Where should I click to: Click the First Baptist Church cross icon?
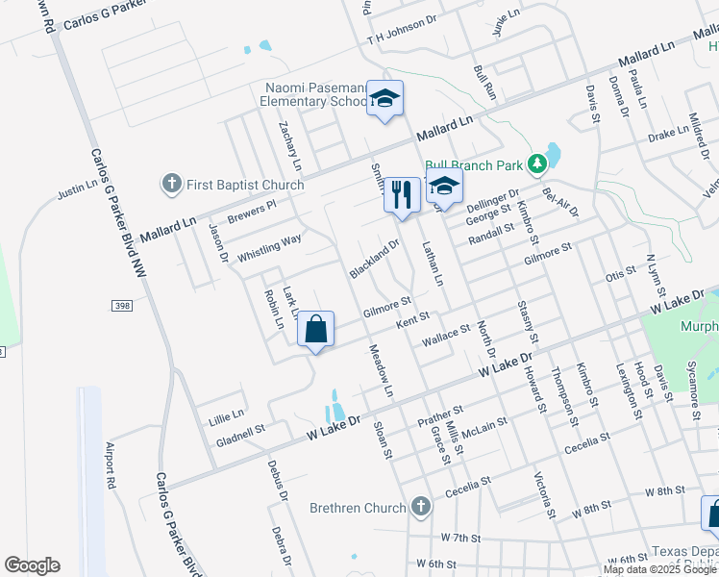(172, 184)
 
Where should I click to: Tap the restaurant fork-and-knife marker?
(402, 195)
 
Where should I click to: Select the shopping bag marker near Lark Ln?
(315, 330)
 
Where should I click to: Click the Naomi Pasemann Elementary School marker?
(384, 99)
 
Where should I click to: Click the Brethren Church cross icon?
(419, 507)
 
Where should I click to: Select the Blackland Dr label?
(374, 259)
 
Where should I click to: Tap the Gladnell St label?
(240, 435)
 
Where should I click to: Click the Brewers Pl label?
(252, 208)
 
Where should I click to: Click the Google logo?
(32, 565)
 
